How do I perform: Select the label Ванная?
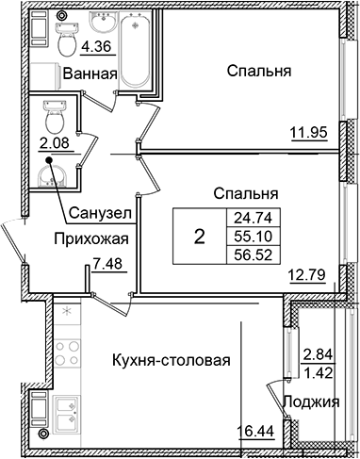tap(90, 74)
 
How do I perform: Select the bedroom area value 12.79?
tap(305, 275)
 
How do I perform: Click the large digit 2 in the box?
tap(198, 236)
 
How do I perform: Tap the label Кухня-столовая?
tap(172, 361)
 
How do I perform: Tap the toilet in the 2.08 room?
tap(53, 117)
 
